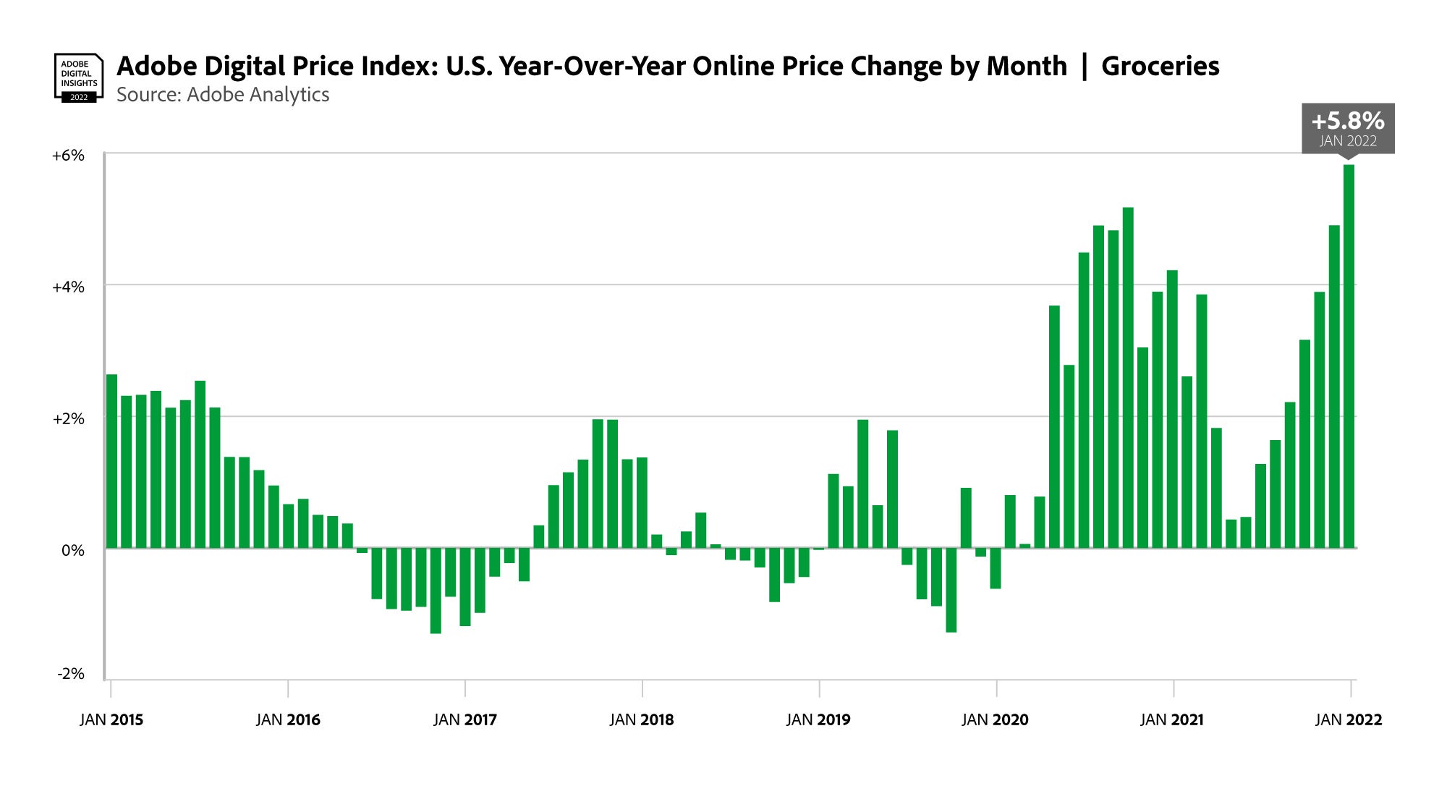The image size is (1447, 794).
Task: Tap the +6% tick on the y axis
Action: [68, 156]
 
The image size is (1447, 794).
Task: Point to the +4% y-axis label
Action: [68, 287]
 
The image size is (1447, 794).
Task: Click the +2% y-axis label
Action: [68, 419]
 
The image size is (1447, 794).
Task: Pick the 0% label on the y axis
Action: [72, 550]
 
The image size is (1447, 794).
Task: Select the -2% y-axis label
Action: [71, 674]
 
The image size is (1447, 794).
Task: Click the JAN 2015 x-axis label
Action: [111, 719]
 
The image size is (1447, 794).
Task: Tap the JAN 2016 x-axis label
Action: [288, 719]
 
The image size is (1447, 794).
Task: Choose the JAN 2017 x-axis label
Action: [465, 719]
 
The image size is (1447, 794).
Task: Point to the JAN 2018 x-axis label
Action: [642, 719]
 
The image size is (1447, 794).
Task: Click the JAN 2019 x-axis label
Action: [818, 719]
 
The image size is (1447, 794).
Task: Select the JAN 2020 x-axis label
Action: [995, 719]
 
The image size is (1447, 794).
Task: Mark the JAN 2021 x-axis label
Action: [1172, 719]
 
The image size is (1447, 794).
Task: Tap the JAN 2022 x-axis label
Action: [1349, 719]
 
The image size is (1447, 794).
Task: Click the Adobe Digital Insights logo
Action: [79, 77]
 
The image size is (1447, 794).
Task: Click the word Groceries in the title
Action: [1160, 66]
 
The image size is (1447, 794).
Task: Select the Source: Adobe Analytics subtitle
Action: [223, 95]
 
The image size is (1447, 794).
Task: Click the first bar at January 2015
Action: [111, 460]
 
